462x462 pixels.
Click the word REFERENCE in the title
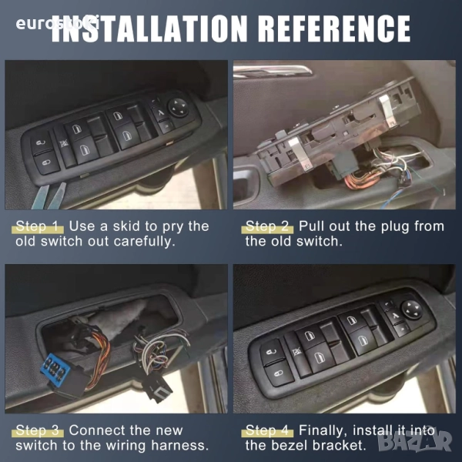[x=335, y=28]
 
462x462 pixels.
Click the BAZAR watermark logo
[x=414, y=440]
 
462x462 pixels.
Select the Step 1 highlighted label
[x=38, y=226]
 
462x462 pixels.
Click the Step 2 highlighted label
[x=267, y=226]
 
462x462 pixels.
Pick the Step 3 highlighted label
[x=38, y=430]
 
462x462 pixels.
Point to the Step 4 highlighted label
[x=267, y=430]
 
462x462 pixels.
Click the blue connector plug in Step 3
[x=55, y=368]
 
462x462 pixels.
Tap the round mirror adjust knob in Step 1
[x=179, y=108]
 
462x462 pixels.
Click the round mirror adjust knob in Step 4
[x=412, y=310]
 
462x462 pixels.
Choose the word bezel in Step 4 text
[x=289, y=445]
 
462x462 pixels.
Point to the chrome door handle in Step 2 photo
[x=273, y=72]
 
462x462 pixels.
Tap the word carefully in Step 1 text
[x=144, y=242]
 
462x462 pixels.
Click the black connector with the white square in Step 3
[x=156, y=388]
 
